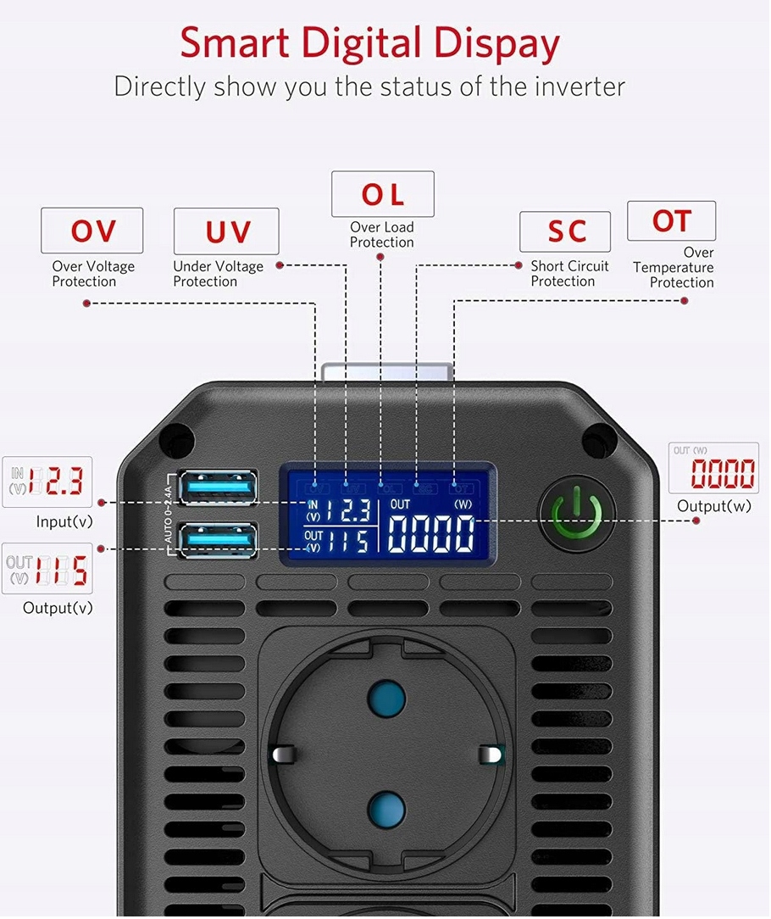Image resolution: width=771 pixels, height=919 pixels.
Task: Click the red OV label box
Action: click(92, 231)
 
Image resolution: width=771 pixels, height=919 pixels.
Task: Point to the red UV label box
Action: click(226, 231)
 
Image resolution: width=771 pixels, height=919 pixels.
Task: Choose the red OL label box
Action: click(382, 194)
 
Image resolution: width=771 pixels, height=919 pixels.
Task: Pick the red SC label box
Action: click(564, 231)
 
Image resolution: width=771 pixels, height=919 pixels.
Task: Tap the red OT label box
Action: click(671, 220)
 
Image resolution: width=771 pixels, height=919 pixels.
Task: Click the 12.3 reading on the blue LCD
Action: click(348, 510)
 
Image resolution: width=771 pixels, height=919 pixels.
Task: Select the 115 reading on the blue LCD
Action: click(348, 540)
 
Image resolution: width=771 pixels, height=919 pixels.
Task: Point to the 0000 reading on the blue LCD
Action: click(431, 533)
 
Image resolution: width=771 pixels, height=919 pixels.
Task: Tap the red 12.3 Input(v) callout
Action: click(47, 482)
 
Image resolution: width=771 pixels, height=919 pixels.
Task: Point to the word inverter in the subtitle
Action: click(574, 86)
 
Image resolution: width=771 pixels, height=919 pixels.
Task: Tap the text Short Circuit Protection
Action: click(569, 273)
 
